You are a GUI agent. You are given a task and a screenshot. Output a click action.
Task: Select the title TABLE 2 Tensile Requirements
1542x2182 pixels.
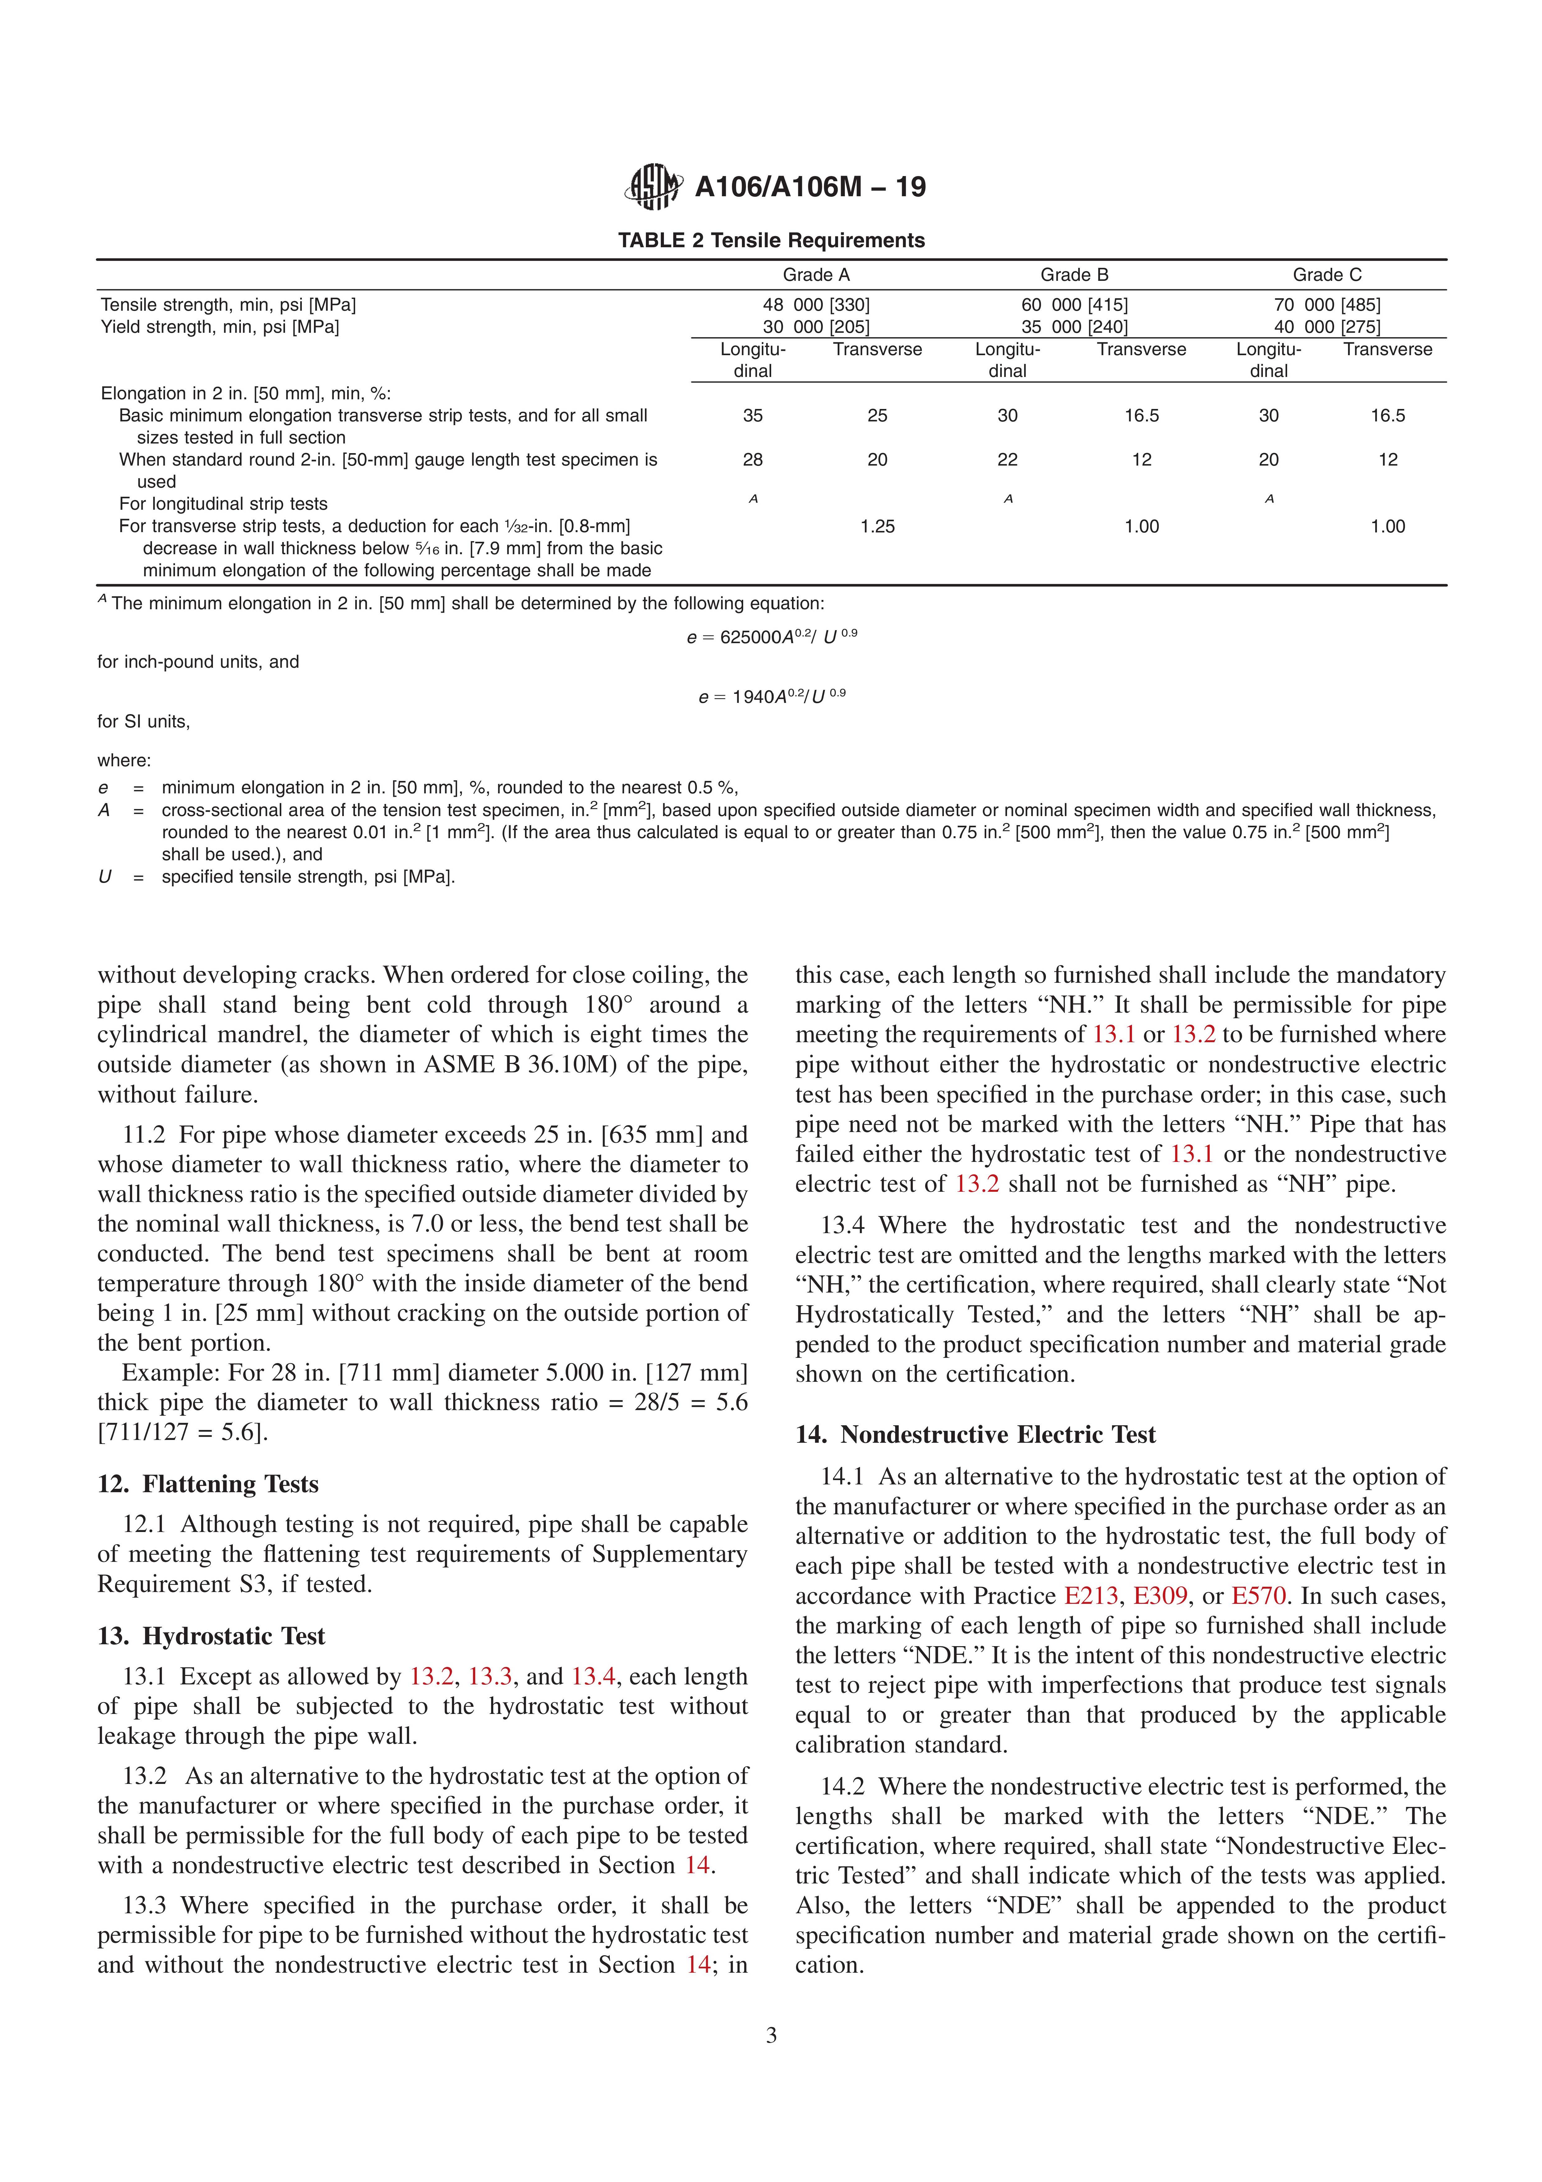771,240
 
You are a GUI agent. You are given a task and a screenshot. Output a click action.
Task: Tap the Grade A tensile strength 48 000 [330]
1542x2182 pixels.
816,305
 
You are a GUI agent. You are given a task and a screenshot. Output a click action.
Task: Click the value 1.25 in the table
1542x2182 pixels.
877,527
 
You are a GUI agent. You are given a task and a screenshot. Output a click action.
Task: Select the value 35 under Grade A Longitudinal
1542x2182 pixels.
753,415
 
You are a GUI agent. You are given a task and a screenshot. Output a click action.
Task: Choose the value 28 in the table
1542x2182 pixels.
753,460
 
